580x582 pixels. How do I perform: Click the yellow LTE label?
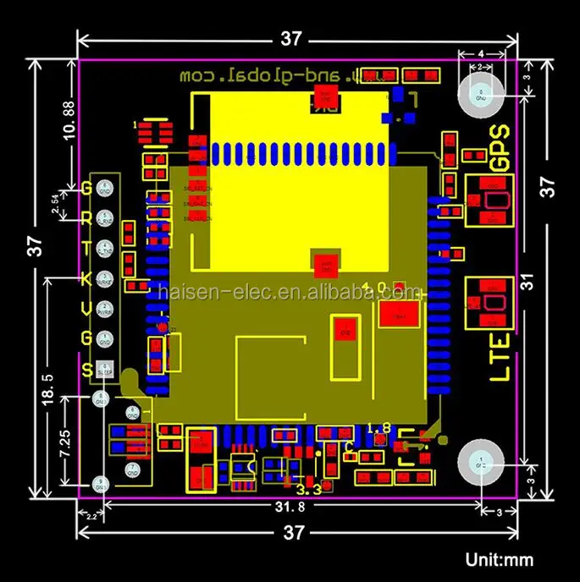[x=501, y=356]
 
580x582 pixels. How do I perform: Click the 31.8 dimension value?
[x=290, y=507]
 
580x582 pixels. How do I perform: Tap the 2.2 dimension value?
[x=87, y=513]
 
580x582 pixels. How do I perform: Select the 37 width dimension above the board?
[x=292, y=38]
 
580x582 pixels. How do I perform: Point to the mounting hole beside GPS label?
[x=480, y=95]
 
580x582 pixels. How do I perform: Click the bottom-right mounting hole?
[x=480, y=464]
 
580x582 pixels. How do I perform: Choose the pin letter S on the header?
[x=86, y=369]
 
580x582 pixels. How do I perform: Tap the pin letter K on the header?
[x=86, y=278]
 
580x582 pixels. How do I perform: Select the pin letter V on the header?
[x=86, y=309]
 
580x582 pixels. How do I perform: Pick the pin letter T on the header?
[x=86, y=248]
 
